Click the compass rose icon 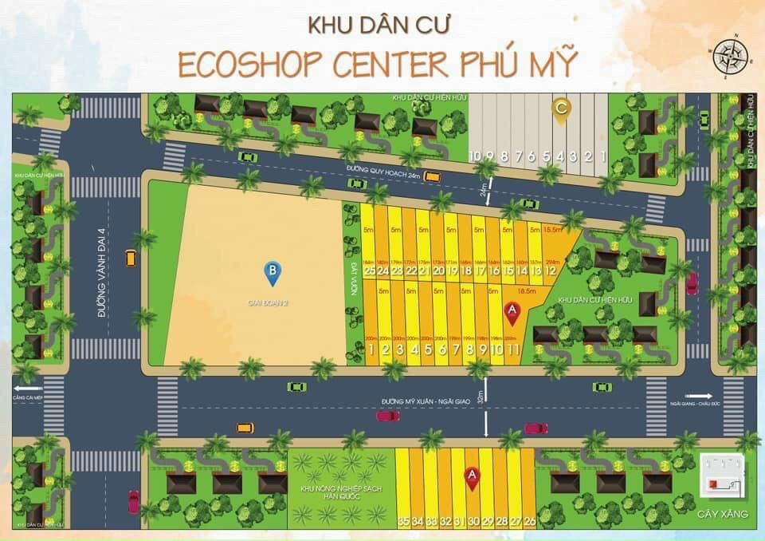(x=728, y=55)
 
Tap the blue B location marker (x=273, y=273)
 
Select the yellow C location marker (x=561, y=110)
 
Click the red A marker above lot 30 (x=473, y=478)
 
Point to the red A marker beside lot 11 (x=512, y=312)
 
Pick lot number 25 (x=369, y=270)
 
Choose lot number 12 (x=551, y=270)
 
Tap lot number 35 (x=403, y=522)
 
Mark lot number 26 (x=529, y=522)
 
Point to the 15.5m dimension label (x=551, y=231)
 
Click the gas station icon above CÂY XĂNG (x=721, y=475)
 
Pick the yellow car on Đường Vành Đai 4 (x=131, y=259)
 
